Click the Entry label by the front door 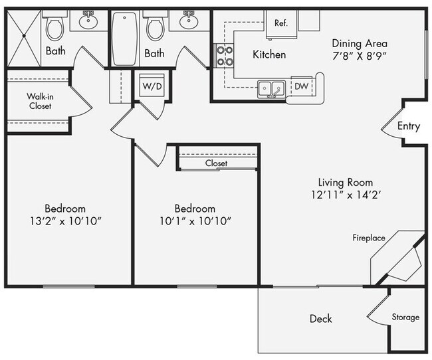[x=408, y=126]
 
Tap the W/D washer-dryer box [x=148, y=86]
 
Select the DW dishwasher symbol [x=300, y=86]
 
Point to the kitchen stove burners [x=223, y=56]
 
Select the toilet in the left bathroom [x=55, y=27]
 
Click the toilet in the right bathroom [x=155, y=27]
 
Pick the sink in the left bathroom [x=88, y=22]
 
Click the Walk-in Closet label [x=40, y=101]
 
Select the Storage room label [x=405, y=317]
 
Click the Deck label [x=321, y=319]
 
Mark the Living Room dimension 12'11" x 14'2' [x=345, y=196]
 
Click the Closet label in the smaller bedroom [x=216, y=163]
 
